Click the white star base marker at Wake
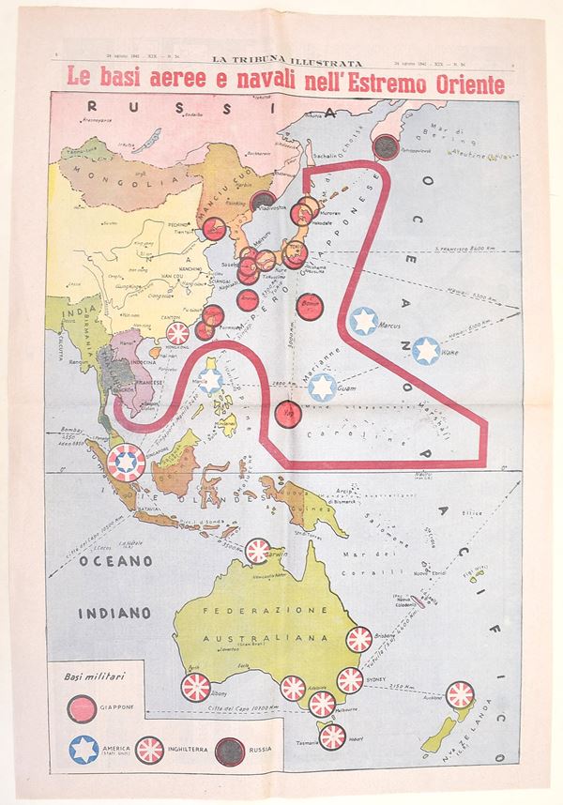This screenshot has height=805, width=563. point(428,352)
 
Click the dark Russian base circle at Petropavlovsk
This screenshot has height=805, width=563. point(385,144)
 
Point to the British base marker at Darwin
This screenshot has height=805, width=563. point(259,552)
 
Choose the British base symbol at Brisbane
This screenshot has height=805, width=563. point(359,641)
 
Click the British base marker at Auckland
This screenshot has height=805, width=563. point(460,694)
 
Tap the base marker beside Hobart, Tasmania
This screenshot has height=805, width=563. point(332,737)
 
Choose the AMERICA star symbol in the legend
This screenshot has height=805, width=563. point(84,750)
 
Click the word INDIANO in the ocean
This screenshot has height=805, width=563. point(109,613)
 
